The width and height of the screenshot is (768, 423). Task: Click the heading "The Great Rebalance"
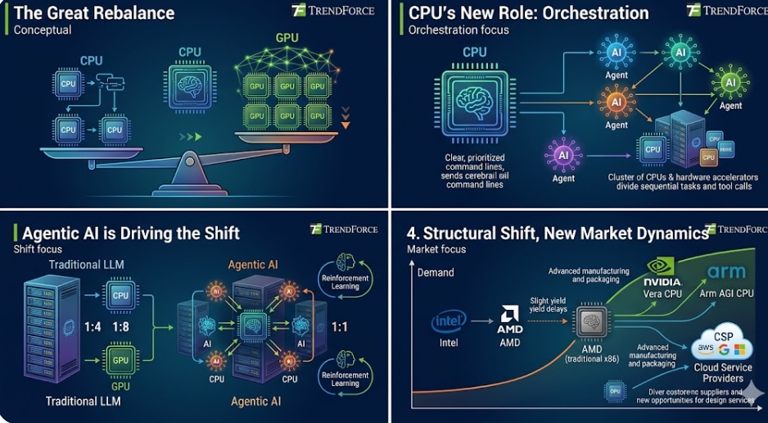[94, 13]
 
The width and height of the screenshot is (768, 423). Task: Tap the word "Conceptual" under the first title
[43, 30]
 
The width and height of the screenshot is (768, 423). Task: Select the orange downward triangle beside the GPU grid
[346, 125]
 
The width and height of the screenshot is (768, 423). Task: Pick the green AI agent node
[730, 84]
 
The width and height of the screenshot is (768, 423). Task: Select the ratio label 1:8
[120, 327]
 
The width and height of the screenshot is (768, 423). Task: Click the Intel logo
[448, 322]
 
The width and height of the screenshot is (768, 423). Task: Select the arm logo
[727, 271]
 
